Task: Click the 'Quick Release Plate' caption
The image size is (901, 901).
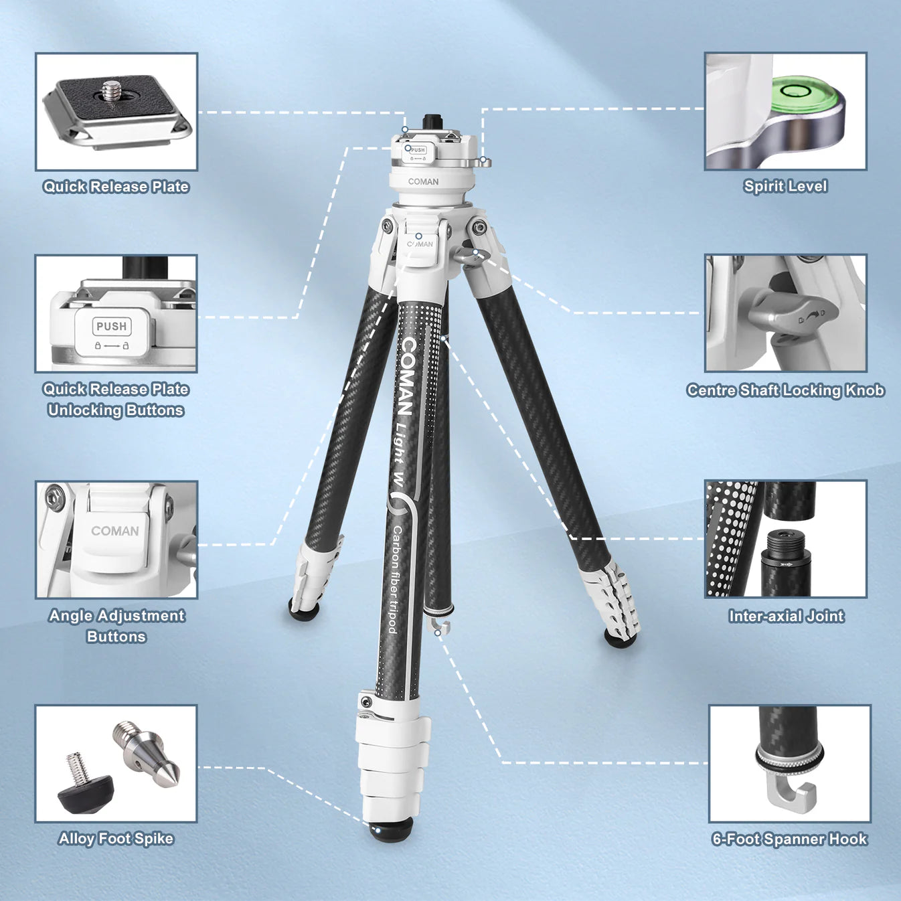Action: click(x=116, y=187)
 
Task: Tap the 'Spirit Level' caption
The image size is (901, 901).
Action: click(x=785, y=186)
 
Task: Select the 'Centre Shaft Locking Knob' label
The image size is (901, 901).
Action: click(x=785, y=390)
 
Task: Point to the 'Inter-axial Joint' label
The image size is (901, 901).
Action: click(x=786, y=616)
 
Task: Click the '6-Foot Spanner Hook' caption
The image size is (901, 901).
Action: click(x=789, y=839)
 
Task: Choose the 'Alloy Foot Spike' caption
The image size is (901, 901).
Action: click(x=116, y=839)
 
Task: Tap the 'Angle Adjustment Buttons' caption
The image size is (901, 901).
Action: click(x=116, y=626)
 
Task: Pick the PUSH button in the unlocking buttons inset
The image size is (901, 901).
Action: click(x=112, y=327)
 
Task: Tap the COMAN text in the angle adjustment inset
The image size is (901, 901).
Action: click(x=115, y=531)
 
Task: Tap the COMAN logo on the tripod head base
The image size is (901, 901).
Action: click(x=423, y=181)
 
